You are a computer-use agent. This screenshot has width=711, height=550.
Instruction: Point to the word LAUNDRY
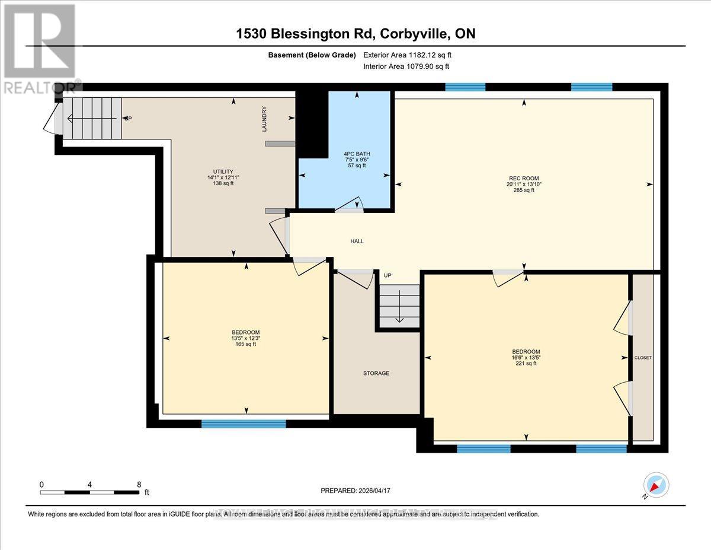(265, 119)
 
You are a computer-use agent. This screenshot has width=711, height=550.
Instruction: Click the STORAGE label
(376, 373)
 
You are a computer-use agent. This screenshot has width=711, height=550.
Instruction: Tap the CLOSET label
(643, 358)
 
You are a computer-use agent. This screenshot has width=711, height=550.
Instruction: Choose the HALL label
(357, 241)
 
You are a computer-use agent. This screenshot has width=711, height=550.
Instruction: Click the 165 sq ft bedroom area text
(245, 344)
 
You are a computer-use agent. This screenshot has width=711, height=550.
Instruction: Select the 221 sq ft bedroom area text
(526, 363)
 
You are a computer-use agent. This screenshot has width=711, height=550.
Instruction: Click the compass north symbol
(655, 485)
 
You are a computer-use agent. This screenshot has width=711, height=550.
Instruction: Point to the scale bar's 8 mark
(139, 484)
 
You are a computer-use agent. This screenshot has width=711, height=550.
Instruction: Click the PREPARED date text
(355, 491)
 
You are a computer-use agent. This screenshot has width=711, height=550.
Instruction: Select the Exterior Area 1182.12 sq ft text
(411, 55)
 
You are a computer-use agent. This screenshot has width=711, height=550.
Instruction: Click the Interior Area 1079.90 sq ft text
(411, 67)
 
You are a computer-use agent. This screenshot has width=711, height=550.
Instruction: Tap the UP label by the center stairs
(387, 276)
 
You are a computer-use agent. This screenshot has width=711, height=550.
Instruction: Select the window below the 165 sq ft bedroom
(244, 424)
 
